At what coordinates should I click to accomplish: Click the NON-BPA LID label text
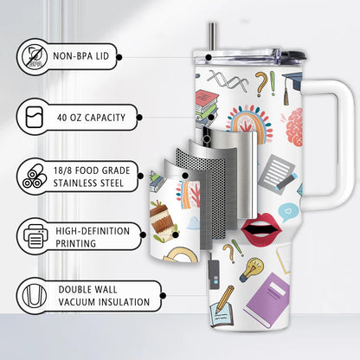[x=80, y=56]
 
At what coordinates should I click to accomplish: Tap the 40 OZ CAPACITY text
[x=91, y=118]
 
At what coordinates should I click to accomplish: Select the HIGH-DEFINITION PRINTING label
[x=93, y=237]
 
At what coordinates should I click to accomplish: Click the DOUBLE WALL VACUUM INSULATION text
[x=104, y=296]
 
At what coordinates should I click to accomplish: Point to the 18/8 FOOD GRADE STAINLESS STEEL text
[x=92, y=177]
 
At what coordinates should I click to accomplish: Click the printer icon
[x=35, y=236]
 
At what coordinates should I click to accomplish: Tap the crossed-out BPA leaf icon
[x=35, y=56]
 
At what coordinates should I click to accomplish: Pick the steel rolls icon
[x=35, y=177]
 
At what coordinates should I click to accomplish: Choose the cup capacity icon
[x=35, y=118]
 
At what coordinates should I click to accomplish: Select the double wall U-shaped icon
[x=35, y=295]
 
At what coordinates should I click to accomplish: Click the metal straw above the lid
[x=213, y=36]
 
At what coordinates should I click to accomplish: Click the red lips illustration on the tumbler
[x=261, y=230]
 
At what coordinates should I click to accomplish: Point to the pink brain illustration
[x=292, y=127]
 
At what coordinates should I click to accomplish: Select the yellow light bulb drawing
[x=252, y=269]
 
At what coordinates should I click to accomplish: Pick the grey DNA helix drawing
[x=228, y=80]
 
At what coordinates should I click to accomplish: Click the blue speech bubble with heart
[x=287, y=212]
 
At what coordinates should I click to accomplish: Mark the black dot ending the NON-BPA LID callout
[x=119, y=57]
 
